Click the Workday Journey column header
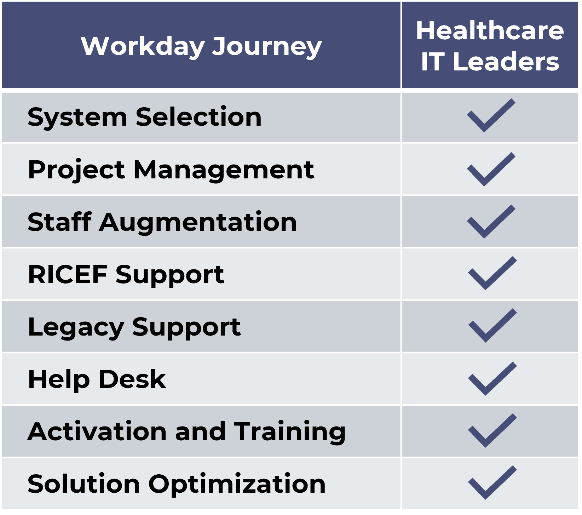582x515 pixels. tap(201, 46)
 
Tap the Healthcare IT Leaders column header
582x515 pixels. tap(490, 46)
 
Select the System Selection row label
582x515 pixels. tap(145, 117)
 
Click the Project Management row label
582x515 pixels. tap(171, 170)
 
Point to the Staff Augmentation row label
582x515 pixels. tap(162, 222)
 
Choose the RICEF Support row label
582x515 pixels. tap(126, 275)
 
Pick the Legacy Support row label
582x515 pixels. tap(134, 327)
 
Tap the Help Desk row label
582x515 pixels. tap(97, 379)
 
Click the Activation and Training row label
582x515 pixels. tap(187, 431)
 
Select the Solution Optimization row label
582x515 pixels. tap(177, 483)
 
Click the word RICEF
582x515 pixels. tap(68, 274)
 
